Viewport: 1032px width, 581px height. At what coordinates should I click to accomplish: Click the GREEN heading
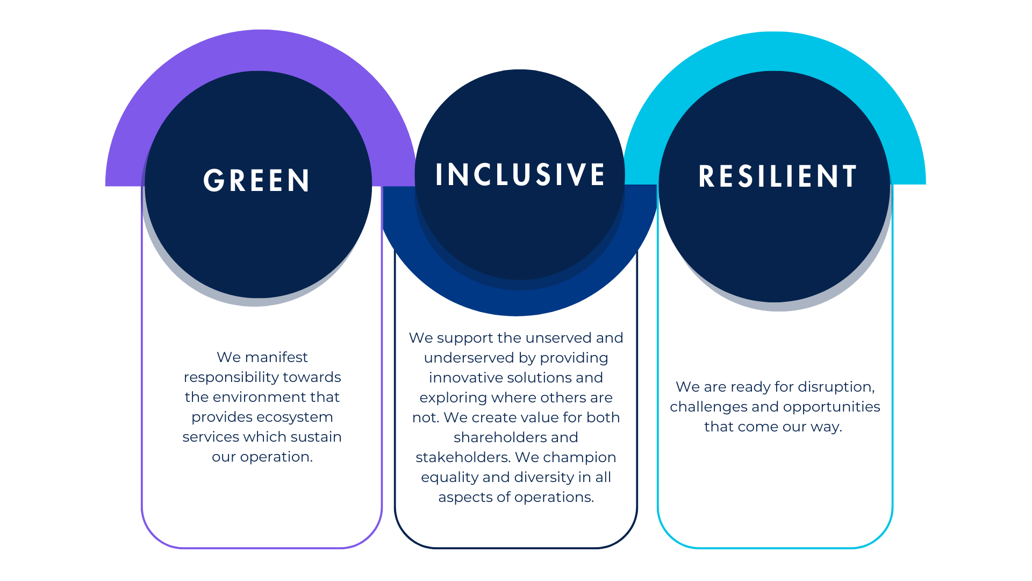(x=256, y=180)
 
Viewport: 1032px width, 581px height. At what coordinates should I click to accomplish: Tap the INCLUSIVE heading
(x=520, y=174)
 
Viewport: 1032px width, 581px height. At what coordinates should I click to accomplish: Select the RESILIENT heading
(x=777, y=176)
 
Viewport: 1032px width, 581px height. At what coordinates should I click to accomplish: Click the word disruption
(x=836, y=387)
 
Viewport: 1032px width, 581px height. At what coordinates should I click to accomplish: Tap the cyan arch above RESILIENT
(x=775, y=51)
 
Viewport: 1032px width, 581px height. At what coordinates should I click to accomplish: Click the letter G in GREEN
(x=213, y=180)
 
